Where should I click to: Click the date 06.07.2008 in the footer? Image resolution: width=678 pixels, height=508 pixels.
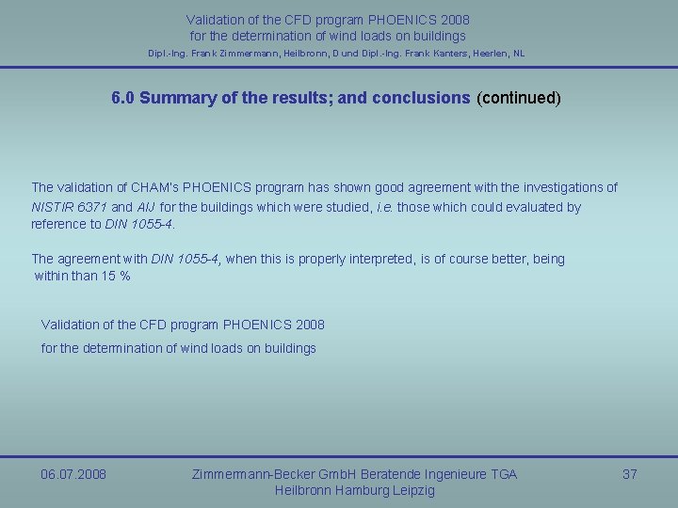point(73,474)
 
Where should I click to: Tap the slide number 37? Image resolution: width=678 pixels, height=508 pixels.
point(630,474)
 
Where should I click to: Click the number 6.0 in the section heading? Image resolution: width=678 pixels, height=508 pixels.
point(122,98)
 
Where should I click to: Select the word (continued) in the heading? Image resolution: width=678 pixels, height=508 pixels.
point(519,98)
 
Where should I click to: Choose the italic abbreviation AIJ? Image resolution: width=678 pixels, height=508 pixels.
point(147,207)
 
